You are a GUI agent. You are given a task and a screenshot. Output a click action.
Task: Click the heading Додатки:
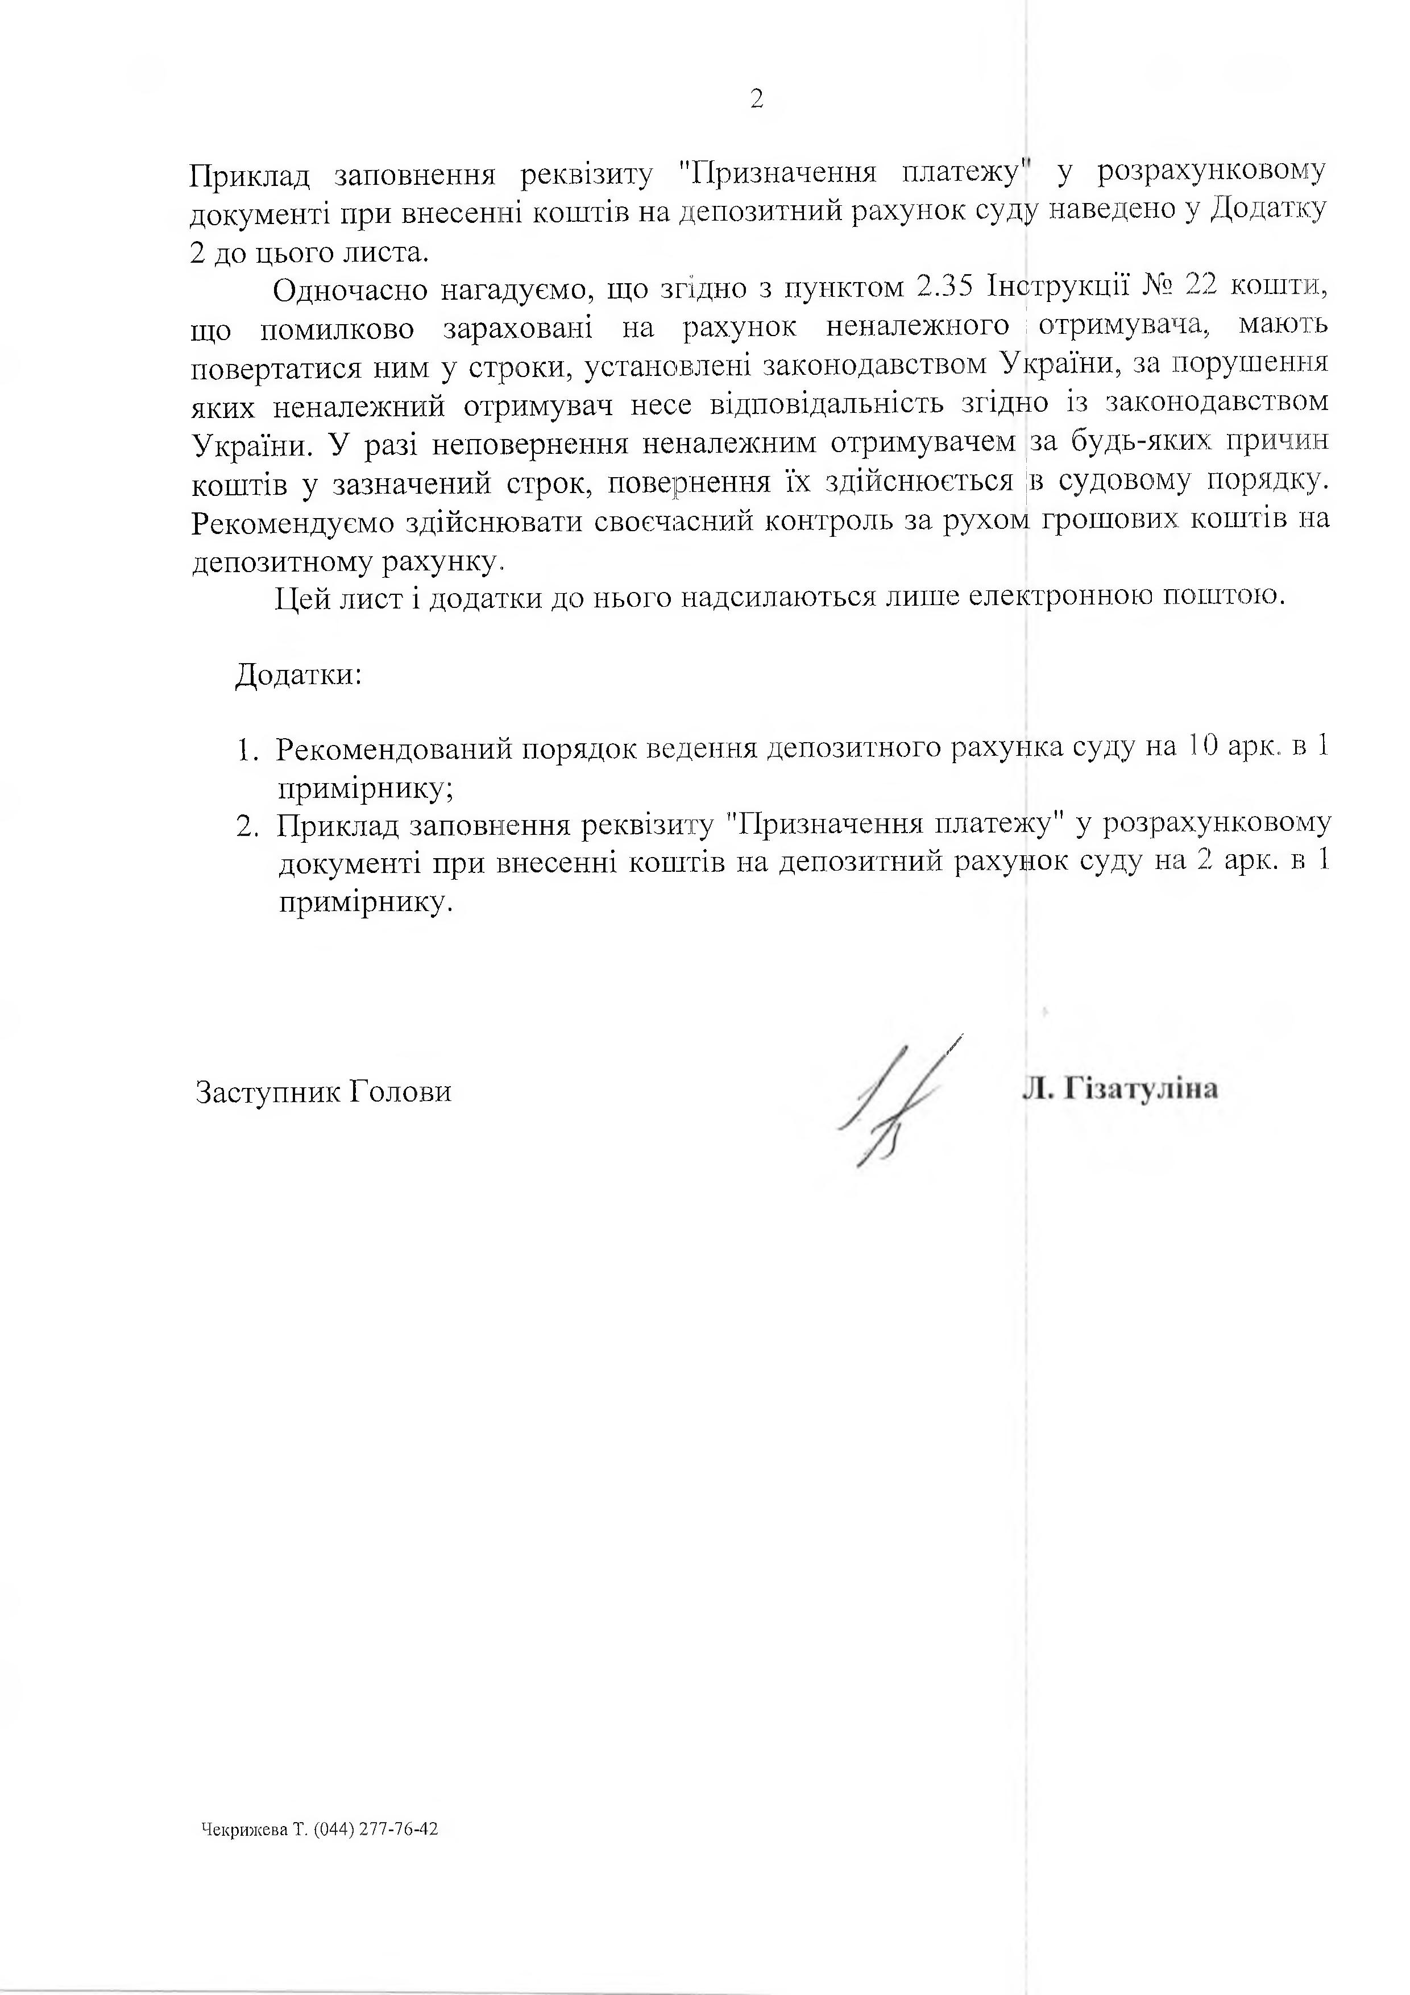[298, 675]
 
